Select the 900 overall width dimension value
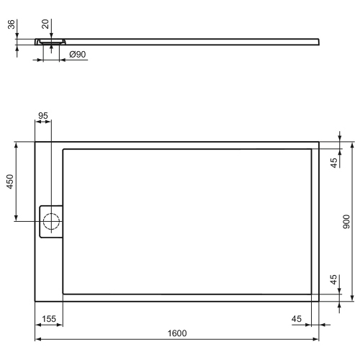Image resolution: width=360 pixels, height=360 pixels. pyautogui.click(x=346, y=222)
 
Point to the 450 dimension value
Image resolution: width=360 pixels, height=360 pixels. pyautogui.click(x=9, y=181)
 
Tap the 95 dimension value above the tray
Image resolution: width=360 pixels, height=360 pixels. pyautogui.click(x=42, y=116)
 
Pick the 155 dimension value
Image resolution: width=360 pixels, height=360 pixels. pyautogui.click(x=48, y=318)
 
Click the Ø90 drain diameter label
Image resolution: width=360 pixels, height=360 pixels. pyautogui.click(x=78, y=55)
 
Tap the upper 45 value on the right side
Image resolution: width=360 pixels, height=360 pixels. pyautogui.click(x=333, y=163)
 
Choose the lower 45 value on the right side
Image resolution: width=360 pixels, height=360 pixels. pyautogui.click(x=333, y=281)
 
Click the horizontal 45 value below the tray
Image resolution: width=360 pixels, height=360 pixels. pyautogui.click(x=296, y=318)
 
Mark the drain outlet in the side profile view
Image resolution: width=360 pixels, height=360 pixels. pyautogui.click(x=50, y=42)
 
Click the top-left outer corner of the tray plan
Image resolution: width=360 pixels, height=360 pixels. pyautogui.click(x=35, y=142)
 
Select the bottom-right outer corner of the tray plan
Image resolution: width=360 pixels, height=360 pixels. pyautogui.click(x=319, y=301)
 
